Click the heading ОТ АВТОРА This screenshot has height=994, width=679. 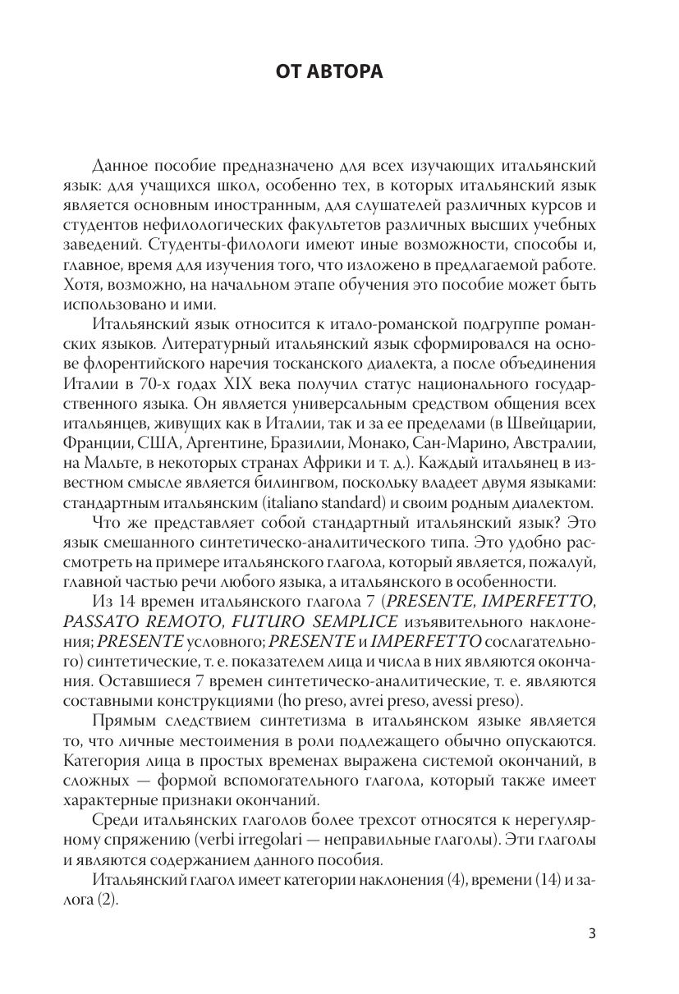329,73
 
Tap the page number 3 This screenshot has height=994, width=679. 594,933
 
